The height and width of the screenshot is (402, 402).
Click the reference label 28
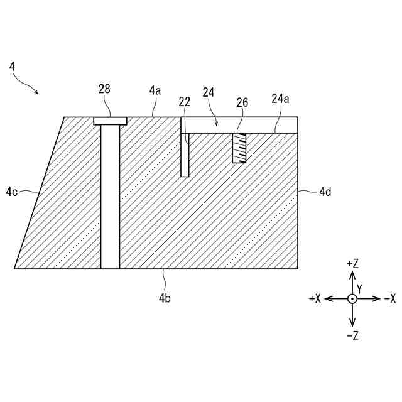[x=104, y=89]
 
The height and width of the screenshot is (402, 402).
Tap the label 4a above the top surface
[x=155, y=90]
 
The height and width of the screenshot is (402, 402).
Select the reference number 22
[x=184, y=102]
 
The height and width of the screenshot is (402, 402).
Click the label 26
[x=242, y=102]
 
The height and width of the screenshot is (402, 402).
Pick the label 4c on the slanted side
[x=12, y=191]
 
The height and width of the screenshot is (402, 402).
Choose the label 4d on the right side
[x=325, y=192]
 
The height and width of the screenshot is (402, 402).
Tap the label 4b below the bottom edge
[x=164, y=298]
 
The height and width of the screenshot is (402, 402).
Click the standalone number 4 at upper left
[x=13, y=65]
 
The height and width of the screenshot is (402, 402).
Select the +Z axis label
[x=352, y=264]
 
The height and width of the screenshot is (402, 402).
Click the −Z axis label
[x=352, y=335]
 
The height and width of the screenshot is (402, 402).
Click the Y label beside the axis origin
[x=359, y=289]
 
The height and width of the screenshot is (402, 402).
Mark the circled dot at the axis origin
[x=352, y=299]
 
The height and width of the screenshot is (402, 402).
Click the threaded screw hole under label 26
[x=239, y=148]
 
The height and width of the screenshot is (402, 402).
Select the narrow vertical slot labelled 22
[x=185, y=155]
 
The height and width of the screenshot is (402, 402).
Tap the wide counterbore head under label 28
[x=110, y=121]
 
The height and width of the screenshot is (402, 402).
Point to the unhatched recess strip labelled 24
[x=239, y=124]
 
